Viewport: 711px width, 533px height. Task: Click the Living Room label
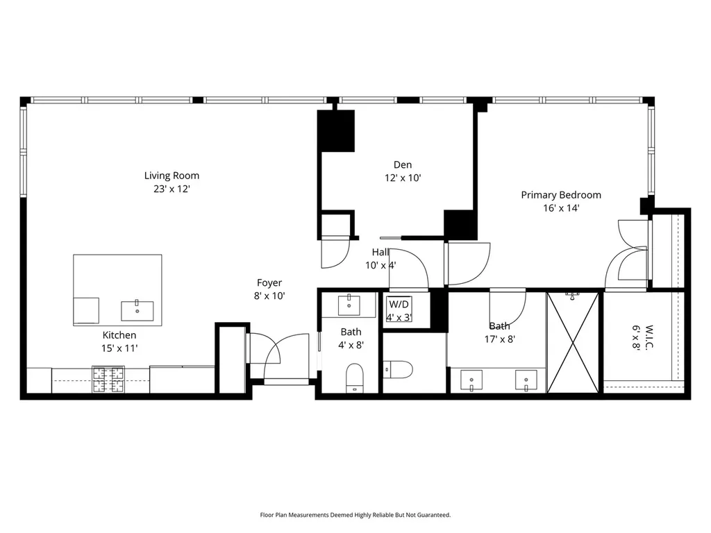(x=172, y=176)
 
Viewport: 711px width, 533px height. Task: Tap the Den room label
(x=403, y=165)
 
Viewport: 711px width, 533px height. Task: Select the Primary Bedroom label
(x=561, y=195)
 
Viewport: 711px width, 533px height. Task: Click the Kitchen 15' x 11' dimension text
(x=119, y=348)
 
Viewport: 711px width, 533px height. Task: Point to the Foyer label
(x=269, y=283)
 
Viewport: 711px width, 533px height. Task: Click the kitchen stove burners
(x=108, y=380)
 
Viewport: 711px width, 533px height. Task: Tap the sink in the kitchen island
(x=137, y=310)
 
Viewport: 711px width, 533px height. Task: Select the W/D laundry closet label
(x=399, y=304)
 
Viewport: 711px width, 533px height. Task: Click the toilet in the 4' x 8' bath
(x=355, y=378)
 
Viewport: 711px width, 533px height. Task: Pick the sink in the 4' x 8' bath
(x=349, y=305)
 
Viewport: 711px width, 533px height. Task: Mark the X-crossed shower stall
(x=573, y=343)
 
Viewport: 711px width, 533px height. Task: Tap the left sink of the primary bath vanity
(x=471, y=380)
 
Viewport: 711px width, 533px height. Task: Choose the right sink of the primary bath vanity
(x=526, y=380)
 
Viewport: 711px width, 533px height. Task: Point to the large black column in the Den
(x=336, y=131)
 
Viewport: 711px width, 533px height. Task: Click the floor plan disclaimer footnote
(x=355, y=515)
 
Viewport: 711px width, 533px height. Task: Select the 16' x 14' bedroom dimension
(x=561, y=208)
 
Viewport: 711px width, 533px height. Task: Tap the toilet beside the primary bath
(x=398, y=369)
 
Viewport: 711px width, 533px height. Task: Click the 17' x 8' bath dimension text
(x=500, y=339)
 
